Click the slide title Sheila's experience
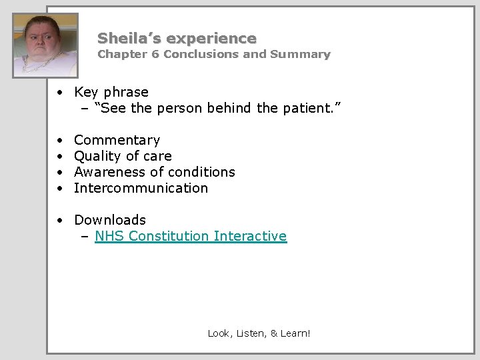[x=177, y=38]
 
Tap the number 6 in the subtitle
[x=155, y=55]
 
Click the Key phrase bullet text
[x=111, y=92]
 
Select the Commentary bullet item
[x=117, y=140]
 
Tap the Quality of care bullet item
[x=123, y=156]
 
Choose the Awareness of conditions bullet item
[x=154, y=172]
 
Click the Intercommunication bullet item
[x=141, y=188]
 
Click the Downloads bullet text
[x=110, y=220]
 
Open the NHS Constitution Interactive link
[x=191, y=236]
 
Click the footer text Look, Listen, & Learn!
[x=259, y=333]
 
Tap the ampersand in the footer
[x=275, y=333]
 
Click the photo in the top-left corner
[x=46, y=44]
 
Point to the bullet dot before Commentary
[x=60, y=141]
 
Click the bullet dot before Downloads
[x=60, y=221]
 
